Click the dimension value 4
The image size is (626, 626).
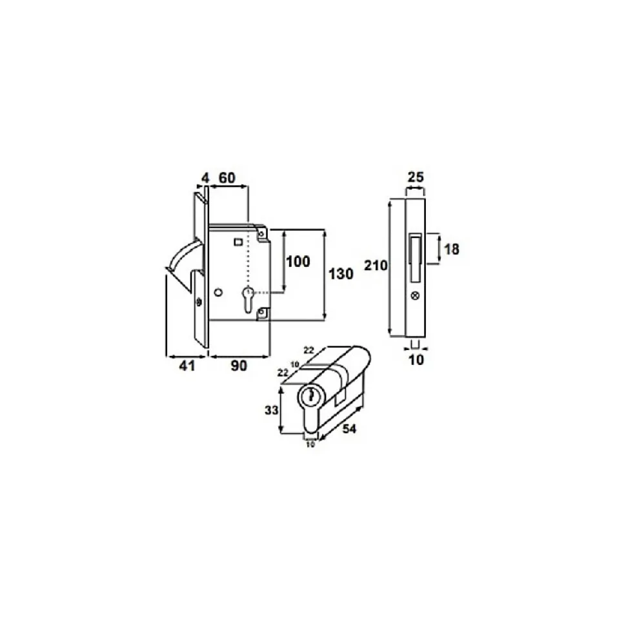tap(205, 178)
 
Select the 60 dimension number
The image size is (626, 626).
tap(227, 178)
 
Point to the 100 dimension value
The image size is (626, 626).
tap(298, 262)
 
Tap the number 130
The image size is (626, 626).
tap(341, 274)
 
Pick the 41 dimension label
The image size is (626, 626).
tap(187, 366)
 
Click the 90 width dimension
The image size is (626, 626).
tap(239, 366)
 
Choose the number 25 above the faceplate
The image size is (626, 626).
tap(416, 177)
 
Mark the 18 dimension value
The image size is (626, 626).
tap(452, 249)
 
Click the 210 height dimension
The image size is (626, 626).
tap(376, 265)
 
